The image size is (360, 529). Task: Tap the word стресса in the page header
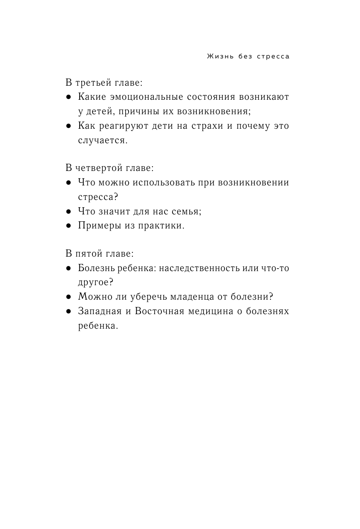[274, 57]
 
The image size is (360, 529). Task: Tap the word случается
[103, 141]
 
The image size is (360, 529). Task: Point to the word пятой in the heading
[86, 254]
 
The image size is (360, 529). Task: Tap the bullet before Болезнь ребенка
[69, 269]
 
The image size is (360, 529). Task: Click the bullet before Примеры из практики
[69, 226]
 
